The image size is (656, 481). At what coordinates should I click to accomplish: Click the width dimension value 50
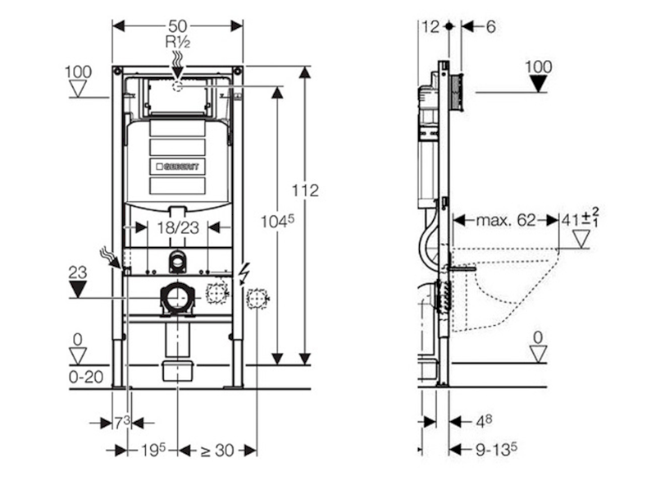[178, 26]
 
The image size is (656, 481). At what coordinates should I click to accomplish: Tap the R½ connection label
[178, 43]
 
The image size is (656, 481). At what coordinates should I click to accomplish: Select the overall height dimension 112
[305, 190]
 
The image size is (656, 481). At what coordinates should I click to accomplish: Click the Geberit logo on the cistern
[177, 166]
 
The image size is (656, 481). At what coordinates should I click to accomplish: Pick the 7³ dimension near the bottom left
[121, 422]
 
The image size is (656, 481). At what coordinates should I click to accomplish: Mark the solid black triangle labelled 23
[79, 288]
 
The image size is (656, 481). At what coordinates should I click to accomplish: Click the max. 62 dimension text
[505, 220]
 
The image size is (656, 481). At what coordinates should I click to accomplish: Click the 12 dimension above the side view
[430, 26]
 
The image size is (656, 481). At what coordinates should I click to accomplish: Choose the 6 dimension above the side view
[490, 26]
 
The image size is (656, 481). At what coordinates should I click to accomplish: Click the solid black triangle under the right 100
[538, 84]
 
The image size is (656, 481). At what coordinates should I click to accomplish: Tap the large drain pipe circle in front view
[177, 298]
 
